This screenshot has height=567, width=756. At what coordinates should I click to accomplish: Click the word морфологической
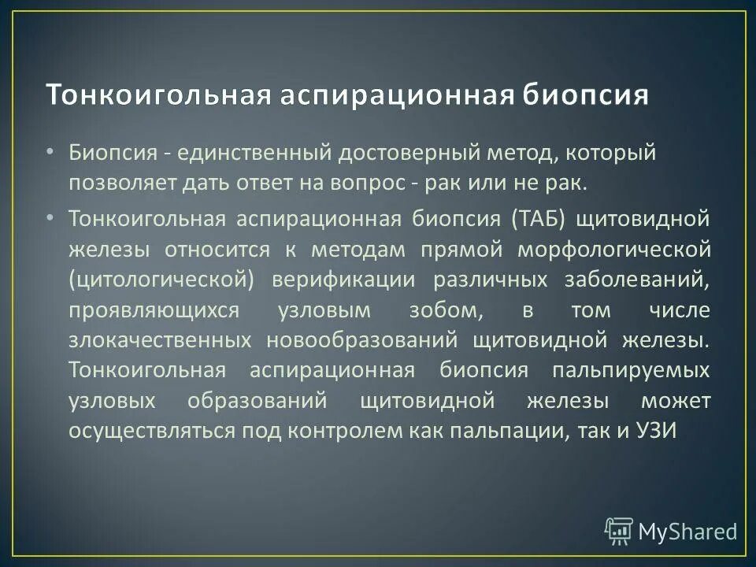tap(614, 249)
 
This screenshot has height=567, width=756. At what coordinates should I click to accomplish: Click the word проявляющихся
tap(143, 310)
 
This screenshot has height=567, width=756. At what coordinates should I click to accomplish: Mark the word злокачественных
tap(159, 340)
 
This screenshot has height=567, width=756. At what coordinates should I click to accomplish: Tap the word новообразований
tap(361, 340)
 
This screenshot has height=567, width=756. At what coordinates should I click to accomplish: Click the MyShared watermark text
tap(687, 532)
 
